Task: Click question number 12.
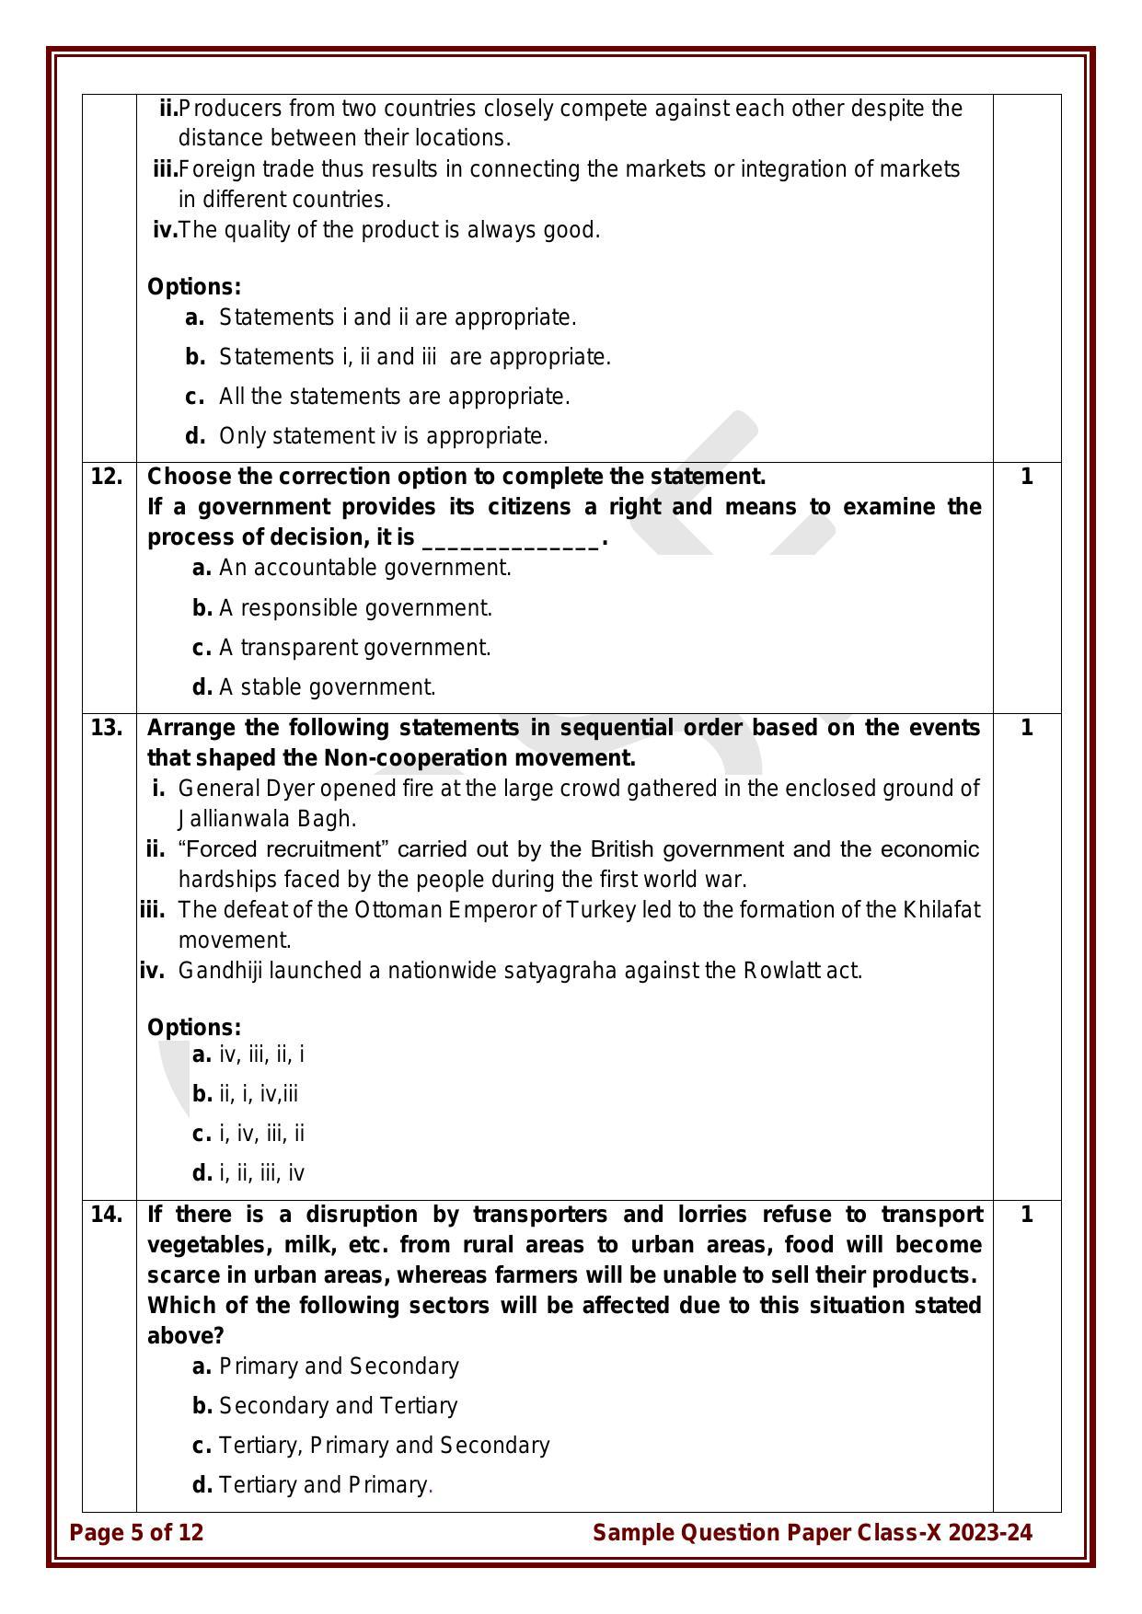[x=107, y=477]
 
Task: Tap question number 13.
[x=107, y=728]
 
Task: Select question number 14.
[x=107, y=1215]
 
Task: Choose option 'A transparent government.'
[x=354, y=648]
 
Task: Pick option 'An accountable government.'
[x=364, y=568]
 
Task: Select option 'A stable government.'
[x=327, y=687]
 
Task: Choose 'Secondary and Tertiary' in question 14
[x=338, y=1405]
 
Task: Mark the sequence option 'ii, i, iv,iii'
[x=259, y=1094]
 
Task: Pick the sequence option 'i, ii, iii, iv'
[x=261, y=1173]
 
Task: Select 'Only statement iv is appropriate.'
[x=383, y=436]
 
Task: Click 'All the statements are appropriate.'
[x=394, y=397]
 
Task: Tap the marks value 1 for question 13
[x=1027, y=728]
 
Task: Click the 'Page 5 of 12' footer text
[x=137, y=1532]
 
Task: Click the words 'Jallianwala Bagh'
[x=264, y=819]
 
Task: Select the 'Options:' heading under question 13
[x=194, y=1027]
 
